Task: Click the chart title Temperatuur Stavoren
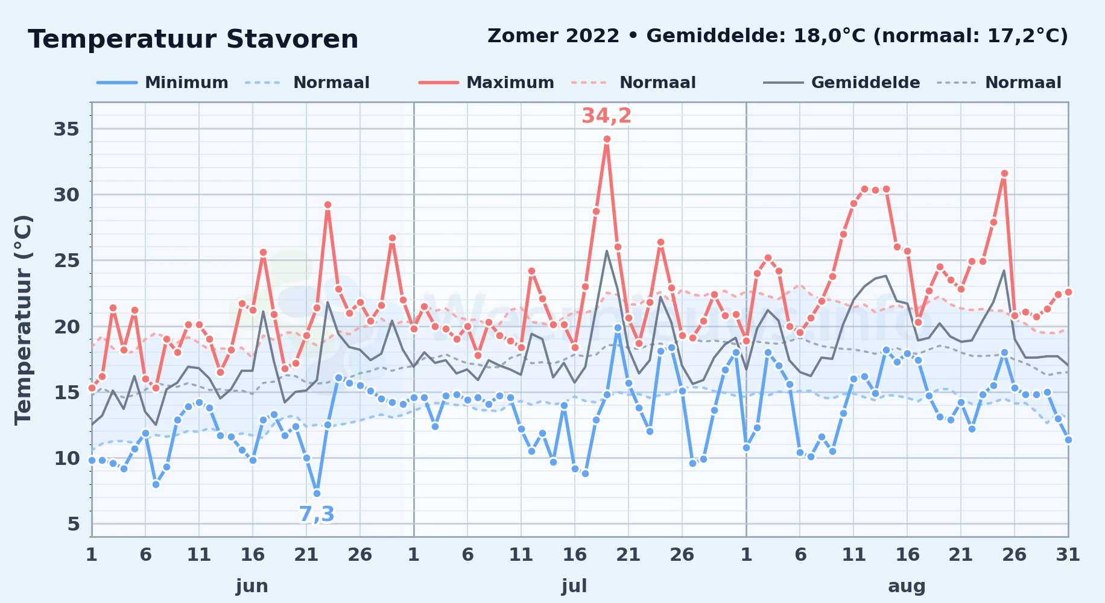tap(193, 39)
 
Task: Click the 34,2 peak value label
tap(606, 115)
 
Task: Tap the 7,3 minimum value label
tap(317, 514)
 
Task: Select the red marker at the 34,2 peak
tap(607, 139)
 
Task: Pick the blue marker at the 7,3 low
tap(317, 493)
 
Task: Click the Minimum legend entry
tap(162, 83)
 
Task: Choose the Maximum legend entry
tap(486, 83)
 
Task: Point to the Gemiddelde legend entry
tap(841, 83)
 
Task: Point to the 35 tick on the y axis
tap(66, 129)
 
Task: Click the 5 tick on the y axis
tap(74, 523)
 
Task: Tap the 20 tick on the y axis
tap(66, 326)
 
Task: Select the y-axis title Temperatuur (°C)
tap(24, 320)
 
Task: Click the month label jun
tap(252, 586)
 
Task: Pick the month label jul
tap(574, 586)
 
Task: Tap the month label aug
tap(907, 586)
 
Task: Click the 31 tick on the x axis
tap(1068, 554)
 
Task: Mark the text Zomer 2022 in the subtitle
tap(553, 36)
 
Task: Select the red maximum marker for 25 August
tap(1004, 173)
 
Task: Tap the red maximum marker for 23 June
tap(328, 204)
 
